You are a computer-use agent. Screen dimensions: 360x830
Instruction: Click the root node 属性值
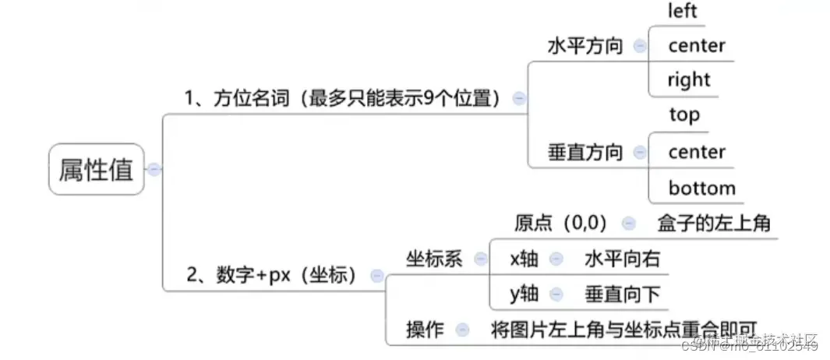click(97, 170)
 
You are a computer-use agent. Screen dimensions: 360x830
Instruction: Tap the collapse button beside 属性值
click(154, 170)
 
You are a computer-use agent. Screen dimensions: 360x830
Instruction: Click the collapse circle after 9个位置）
click(519, 98)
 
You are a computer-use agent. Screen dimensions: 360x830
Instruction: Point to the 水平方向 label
click(585, 46)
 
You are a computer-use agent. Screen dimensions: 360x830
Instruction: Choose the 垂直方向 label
click(585, 152)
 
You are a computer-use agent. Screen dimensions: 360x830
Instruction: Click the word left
click(682, 11)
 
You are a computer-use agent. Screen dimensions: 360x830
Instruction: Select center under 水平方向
click(696, 46)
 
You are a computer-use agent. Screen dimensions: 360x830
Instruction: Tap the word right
click(689, 79)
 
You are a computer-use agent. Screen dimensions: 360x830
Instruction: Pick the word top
click(683, 115)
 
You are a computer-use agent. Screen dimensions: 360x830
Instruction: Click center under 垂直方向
click(696, 152)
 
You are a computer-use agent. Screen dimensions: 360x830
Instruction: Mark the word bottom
click(701, 188)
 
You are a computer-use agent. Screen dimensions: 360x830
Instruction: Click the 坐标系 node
click(434, 259)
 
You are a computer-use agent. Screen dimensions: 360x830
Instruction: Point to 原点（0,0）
click(560, 224)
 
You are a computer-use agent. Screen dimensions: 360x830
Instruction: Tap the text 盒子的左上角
click(714, 224)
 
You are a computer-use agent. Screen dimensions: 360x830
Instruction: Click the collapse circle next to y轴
click(556, 294)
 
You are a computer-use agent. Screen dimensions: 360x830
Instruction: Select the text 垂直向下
click(622, 294)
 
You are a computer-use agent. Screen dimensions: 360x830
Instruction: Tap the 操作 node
click(425, 330)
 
